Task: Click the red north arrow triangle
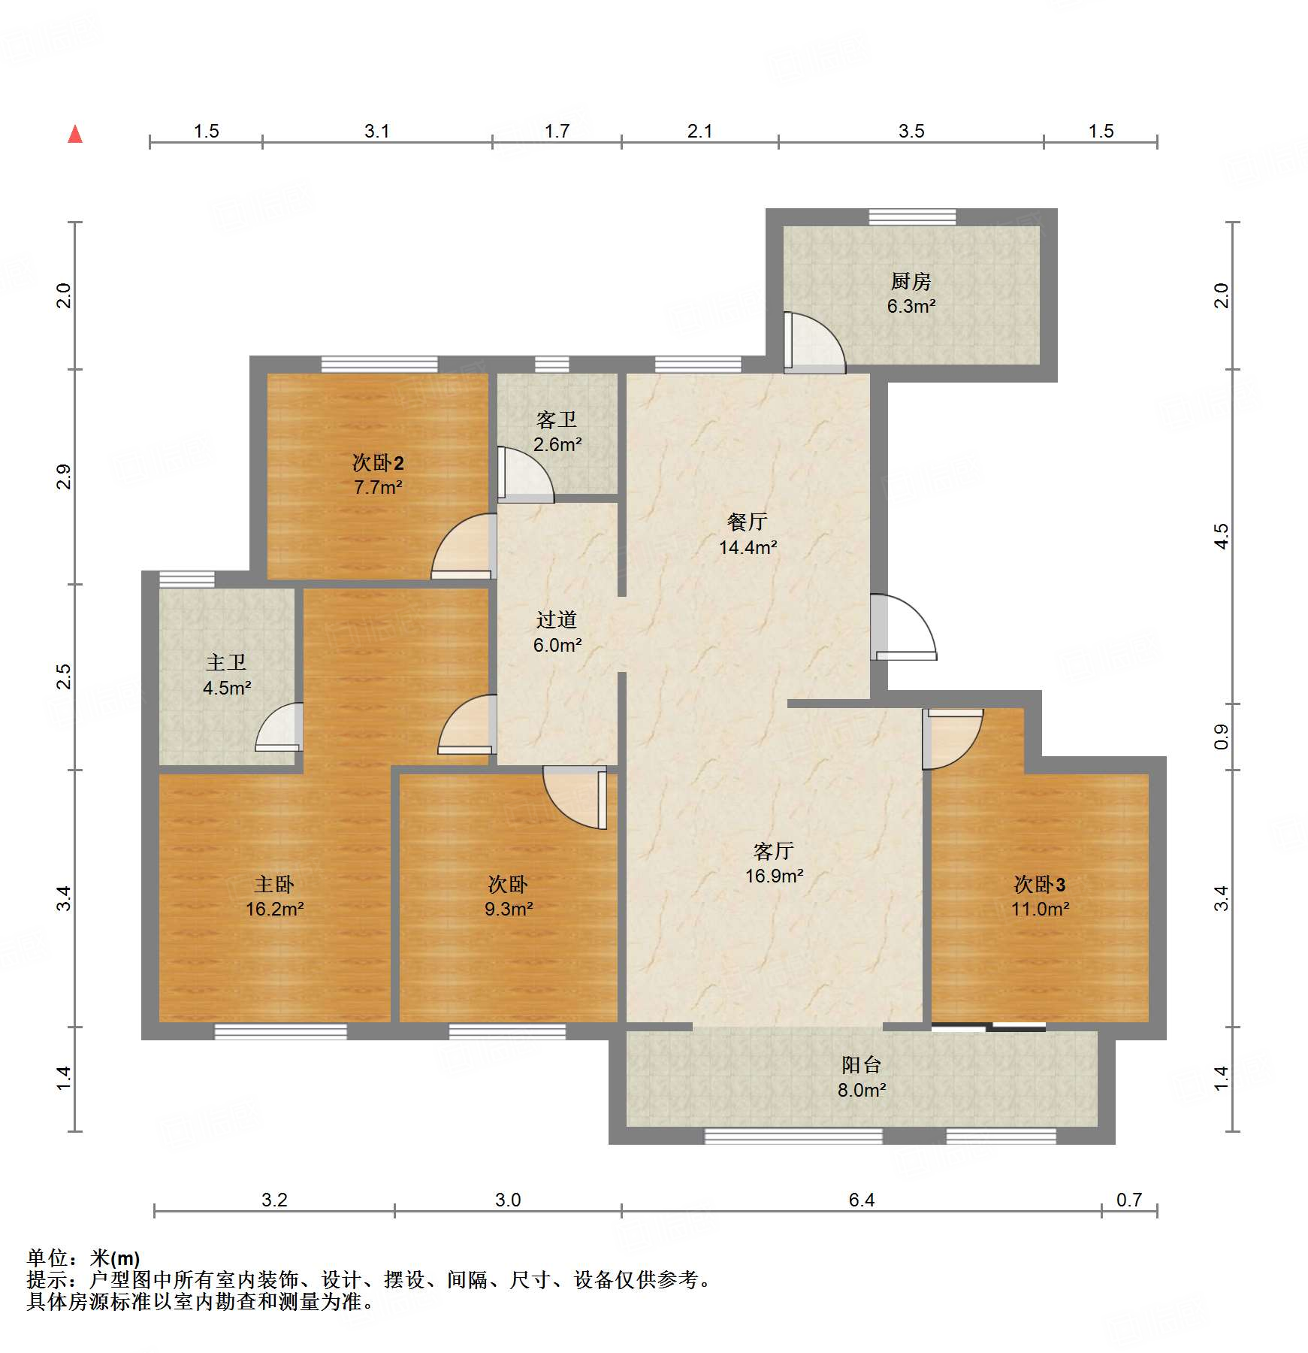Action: click(75, 135)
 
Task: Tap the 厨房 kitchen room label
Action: click(911, 282)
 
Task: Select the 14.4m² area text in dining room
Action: click(748, 548)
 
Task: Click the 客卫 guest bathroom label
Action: click(557, 419)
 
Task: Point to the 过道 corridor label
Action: click(557, 620)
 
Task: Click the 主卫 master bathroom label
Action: click(226, 662)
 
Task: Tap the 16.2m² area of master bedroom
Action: click(274, 910)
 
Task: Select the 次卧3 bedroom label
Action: click(1040, 885)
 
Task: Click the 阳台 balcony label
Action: click(861, 1065)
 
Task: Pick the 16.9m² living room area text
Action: click(774, 876)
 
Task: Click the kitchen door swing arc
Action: click(819, 342)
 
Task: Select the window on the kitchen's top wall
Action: click(912, 217)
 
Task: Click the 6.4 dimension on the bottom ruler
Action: click(861, 1200)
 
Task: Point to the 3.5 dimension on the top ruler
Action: click(911, 132)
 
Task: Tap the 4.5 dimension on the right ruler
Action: click(1222, 536)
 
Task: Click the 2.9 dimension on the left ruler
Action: click(64, 477)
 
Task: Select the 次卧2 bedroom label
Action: click(378, 463)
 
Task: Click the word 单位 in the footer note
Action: click(47, 1258)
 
